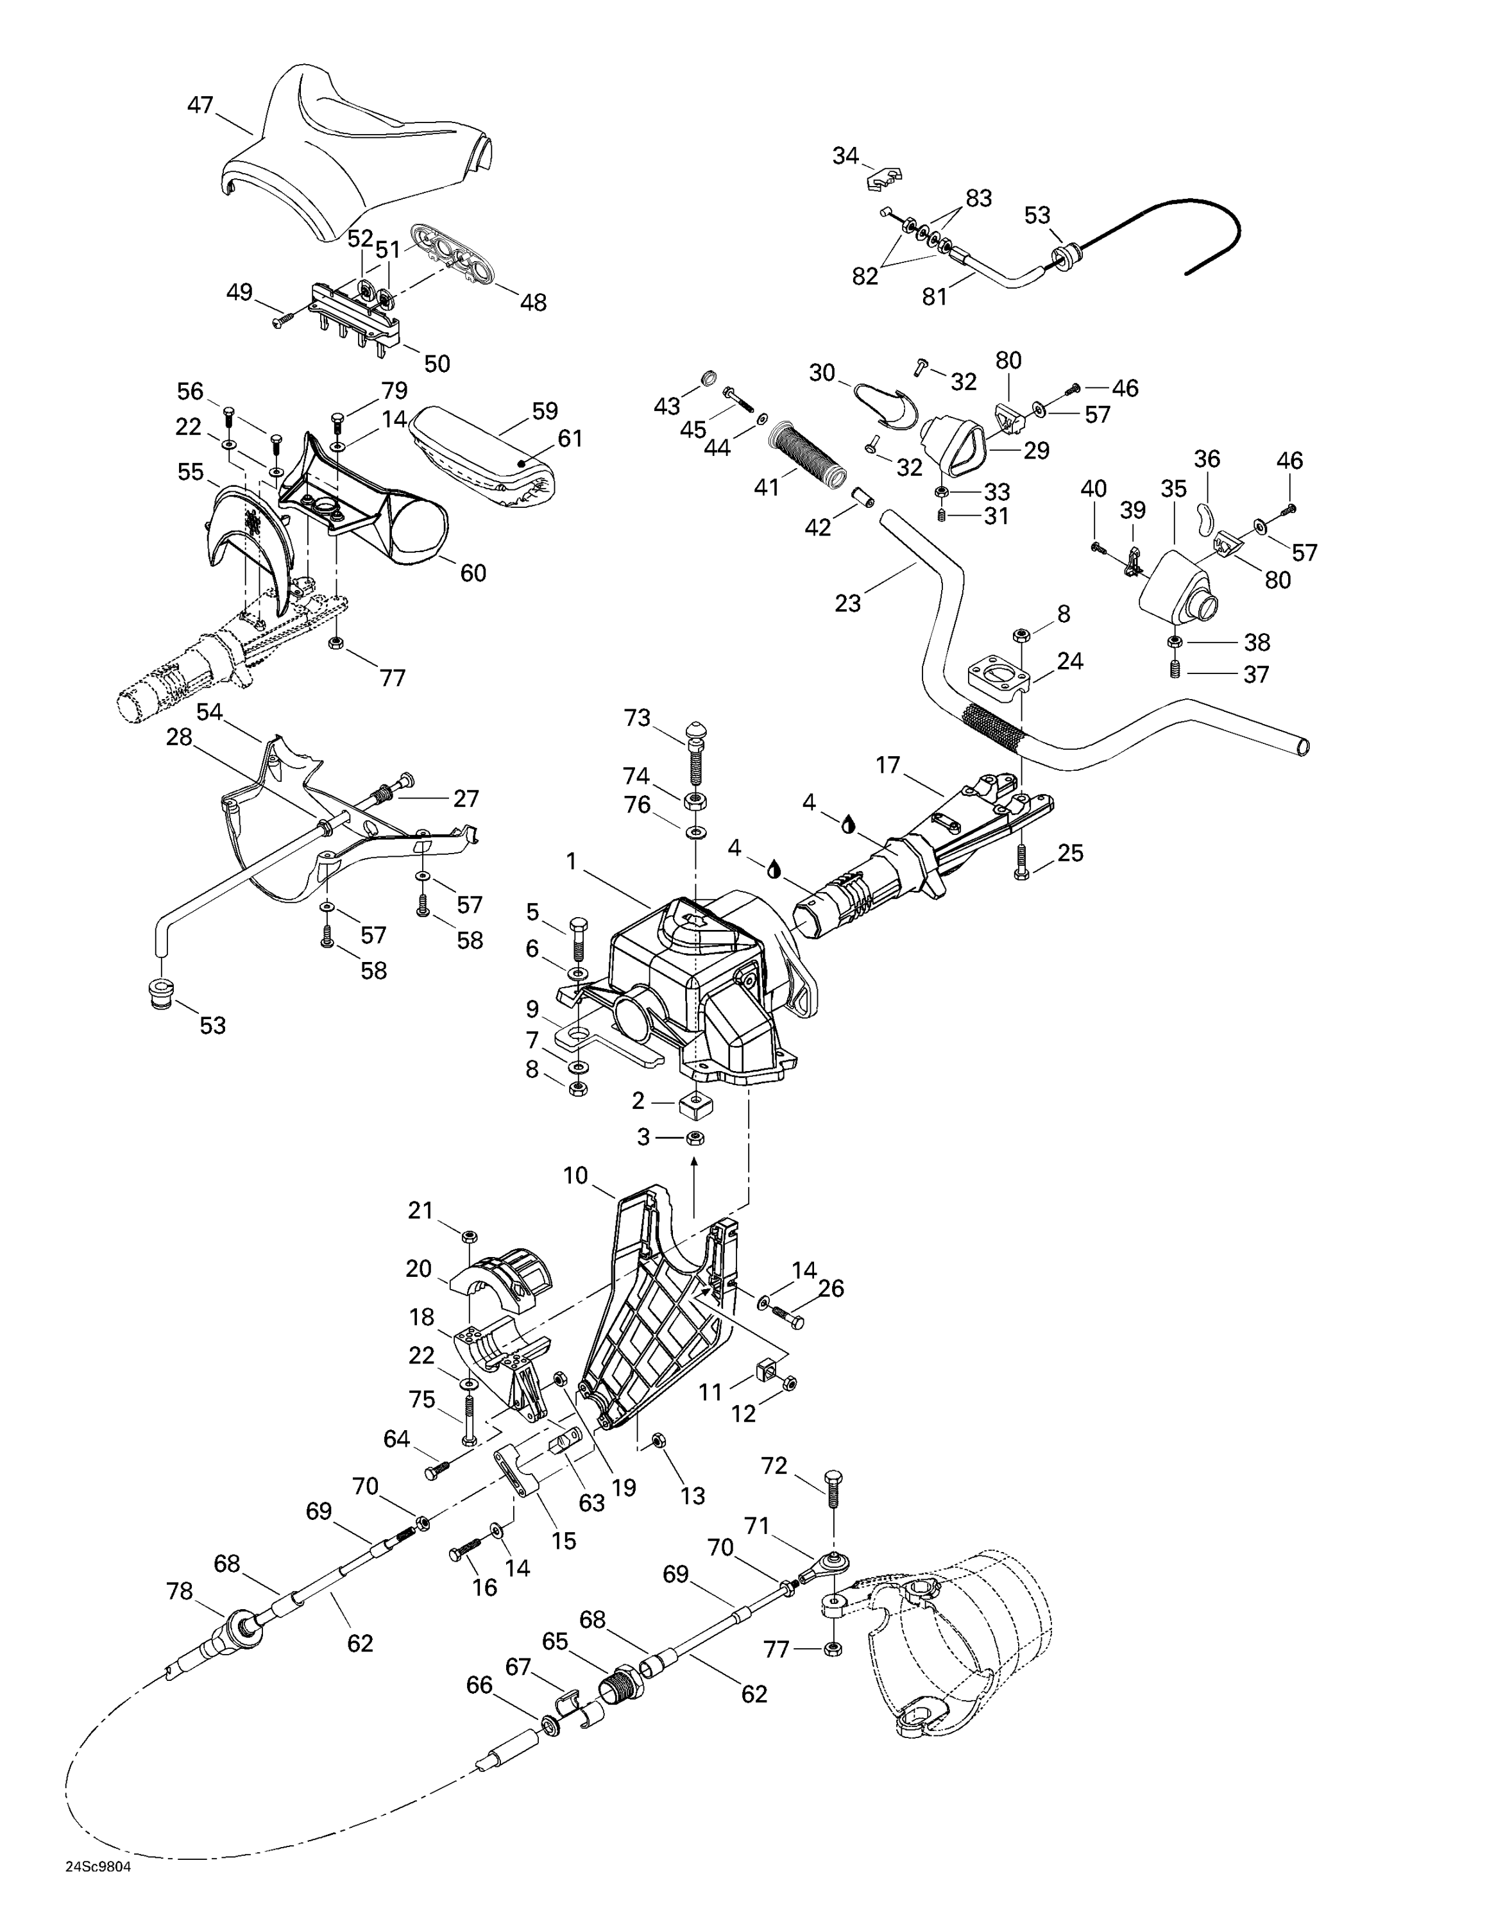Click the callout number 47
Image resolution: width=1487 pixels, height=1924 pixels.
point(200,105)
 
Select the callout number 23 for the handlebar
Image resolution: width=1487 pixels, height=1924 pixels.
point(847,603)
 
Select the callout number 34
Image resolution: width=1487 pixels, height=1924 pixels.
point(845,156)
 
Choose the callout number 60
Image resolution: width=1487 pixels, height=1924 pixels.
point(473,573)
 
